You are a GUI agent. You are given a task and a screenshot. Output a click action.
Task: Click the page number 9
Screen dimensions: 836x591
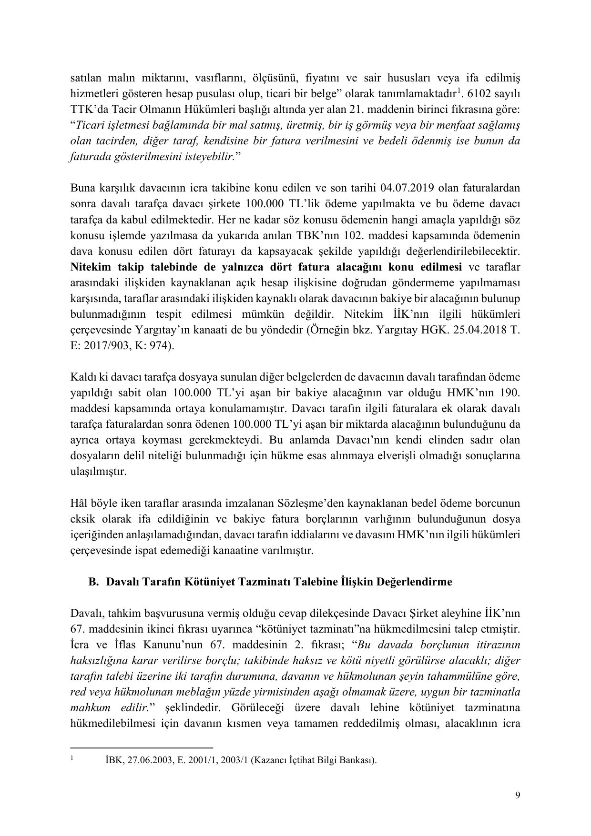pyautogui.click(x=518, y=795)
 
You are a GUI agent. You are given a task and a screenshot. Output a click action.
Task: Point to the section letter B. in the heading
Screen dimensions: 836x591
pyautogui.click(x=93, y=582)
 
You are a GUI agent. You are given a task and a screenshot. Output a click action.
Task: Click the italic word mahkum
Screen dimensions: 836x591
pyautogui.click(x=86, y=707)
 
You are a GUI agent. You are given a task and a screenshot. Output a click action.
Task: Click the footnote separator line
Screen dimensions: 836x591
pyautogui.click(x=141, y=747)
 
